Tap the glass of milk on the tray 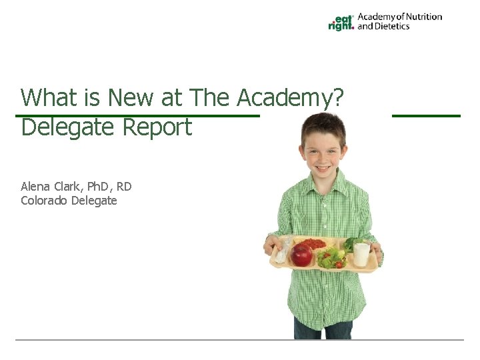pos(362,254)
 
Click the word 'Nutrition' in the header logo pos(420,17)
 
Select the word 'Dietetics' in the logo pos(393,27)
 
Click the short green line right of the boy pos(426,116)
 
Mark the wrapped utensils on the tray pos(283,250)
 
